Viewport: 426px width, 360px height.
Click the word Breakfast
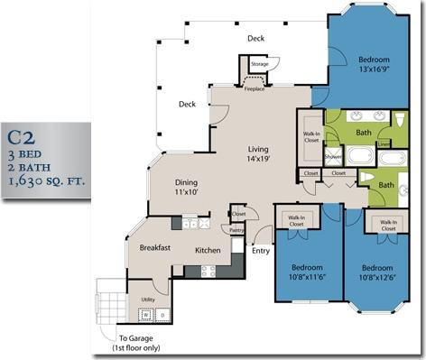coord(155,247)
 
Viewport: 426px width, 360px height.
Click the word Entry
coord(261,252)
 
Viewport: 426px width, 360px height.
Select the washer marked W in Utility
coord(144,314)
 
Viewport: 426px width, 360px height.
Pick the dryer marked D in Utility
coord(162,314)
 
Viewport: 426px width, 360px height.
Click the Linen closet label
coord(383,143)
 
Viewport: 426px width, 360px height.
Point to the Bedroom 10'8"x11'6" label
coord(309,272)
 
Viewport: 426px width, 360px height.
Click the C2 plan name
coord(23,137)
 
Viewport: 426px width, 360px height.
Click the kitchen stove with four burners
coord(207,270)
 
